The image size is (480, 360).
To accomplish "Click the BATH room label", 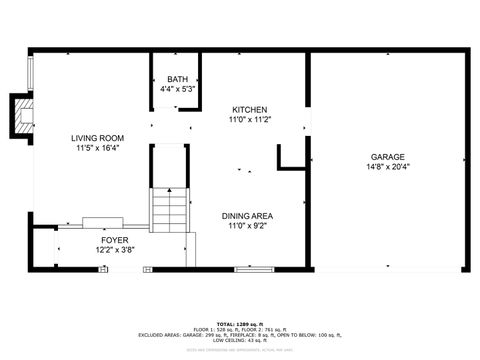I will tap(177, 79).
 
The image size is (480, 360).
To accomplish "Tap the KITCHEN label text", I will tap(250, 109).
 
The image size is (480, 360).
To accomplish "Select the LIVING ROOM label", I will tap(97, 137).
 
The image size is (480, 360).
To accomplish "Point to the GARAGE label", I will tap(387, 156).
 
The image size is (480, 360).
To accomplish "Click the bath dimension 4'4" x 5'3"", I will tap(177, 89).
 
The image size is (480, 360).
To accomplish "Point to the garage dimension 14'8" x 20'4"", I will tap(387, 166).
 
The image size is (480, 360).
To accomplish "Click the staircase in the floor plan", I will tap(170, 211).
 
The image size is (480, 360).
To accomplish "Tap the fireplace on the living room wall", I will tap(19, 115).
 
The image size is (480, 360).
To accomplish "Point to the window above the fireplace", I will tap(30, 72).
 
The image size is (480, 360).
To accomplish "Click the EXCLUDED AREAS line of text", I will tap(239, 334).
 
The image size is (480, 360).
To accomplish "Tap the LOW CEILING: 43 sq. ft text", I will tap(239, 341).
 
